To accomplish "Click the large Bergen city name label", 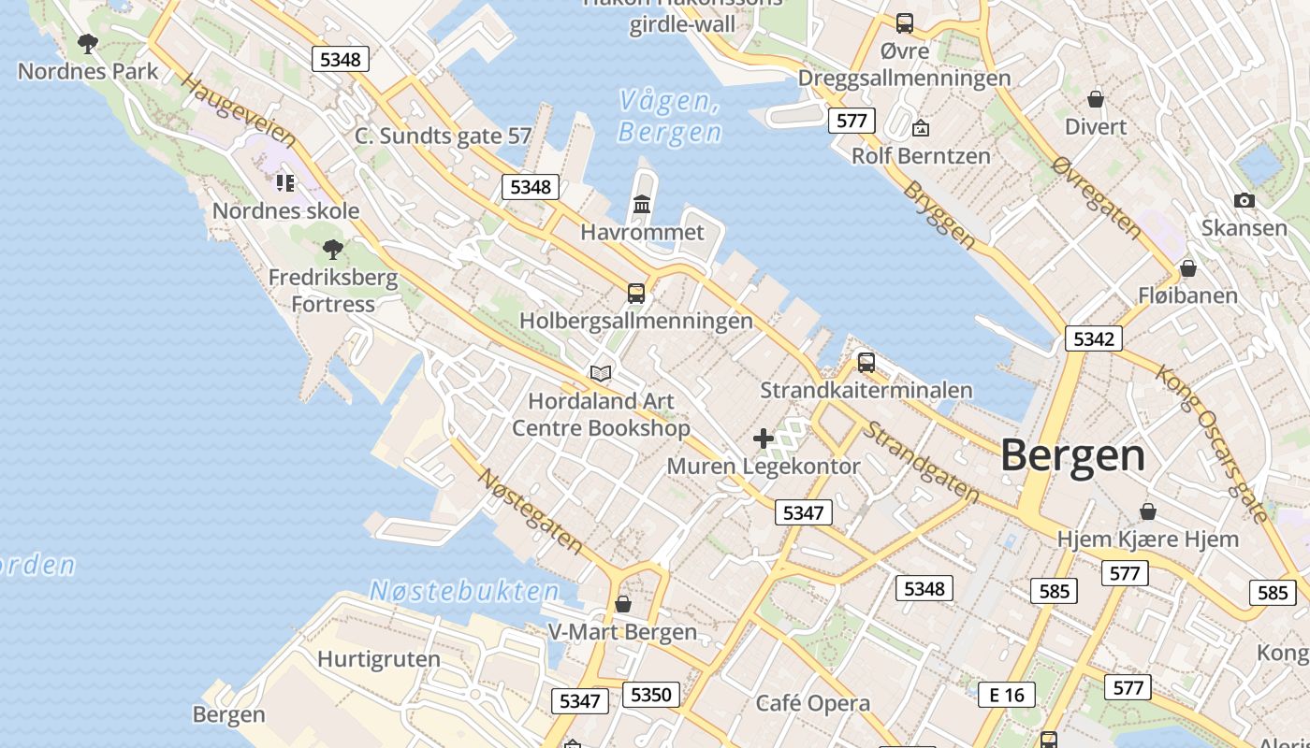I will coord(1072,456).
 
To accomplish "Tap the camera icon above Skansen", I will coord(1244,200).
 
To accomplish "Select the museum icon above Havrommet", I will coord(642,204).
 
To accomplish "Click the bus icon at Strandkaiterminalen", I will coord(866,362).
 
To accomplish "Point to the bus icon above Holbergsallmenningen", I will coord(636,293).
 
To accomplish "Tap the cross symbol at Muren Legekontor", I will coord(764,438).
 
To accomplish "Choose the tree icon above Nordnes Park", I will coord(88,43).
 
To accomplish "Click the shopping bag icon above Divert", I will coord(1096,98).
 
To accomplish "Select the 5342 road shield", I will coord(1093,338).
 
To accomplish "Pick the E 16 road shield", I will coord(1007,695).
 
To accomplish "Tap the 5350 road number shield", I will coord(651,695).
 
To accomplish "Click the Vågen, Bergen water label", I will coord(670,116).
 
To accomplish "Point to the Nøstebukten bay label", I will coord(464,591).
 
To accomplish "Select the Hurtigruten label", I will coord(379,659).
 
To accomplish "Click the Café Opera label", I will coord(812,703).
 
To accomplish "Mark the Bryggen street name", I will coord(939,214).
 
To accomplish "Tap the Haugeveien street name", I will coord(239,112).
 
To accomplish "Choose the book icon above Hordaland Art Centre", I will coord(601,374).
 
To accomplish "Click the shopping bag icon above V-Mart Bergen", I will coord(623,604).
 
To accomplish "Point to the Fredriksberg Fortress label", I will coord(333,291).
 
